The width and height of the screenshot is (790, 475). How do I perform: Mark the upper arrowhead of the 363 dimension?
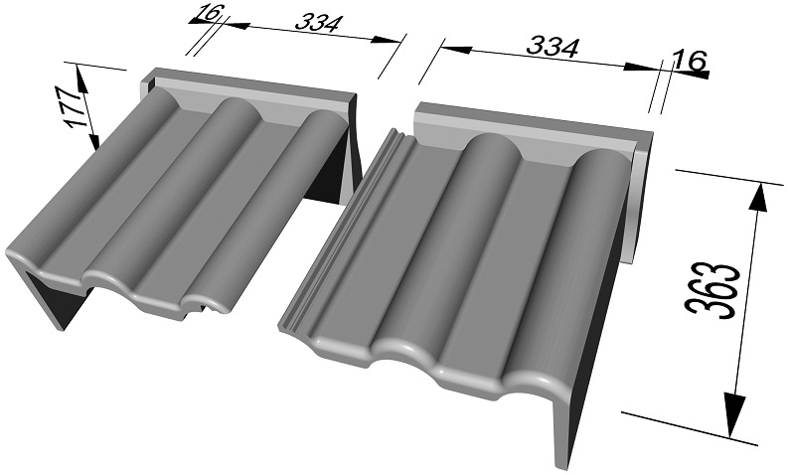tap(759, 196)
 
